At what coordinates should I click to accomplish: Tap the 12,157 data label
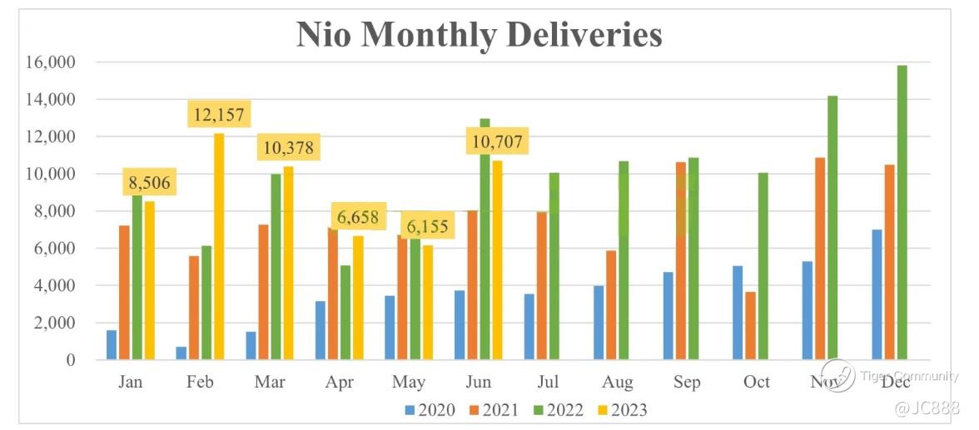(220, 115)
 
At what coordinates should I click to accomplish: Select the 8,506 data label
(151, 183)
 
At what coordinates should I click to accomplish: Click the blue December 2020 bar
(877, 294)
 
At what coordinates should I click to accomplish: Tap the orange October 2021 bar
(750, 325)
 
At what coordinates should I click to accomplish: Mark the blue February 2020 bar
(181, 353)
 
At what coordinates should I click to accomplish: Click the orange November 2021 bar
(820, 258)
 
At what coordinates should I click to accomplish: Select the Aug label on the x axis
(617, 383)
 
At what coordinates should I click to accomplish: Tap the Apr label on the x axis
(339, 383)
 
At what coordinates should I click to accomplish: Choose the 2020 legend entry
(428, 409)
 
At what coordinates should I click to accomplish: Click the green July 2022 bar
(554, 266)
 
